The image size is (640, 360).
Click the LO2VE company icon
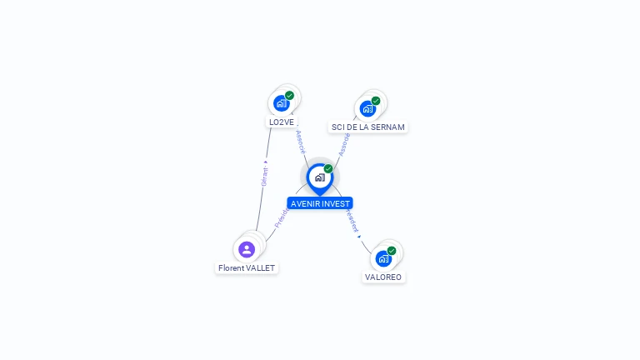pos(281,103)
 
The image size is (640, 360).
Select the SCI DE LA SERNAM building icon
pos(367,108)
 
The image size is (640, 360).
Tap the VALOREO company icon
pos(383,257)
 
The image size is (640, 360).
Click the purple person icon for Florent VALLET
pos(246,248)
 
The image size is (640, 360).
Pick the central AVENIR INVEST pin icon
pos(319,177)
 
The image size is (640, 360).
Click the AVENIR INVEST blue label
pos(320,203)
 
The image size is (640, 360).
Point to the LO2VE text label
pos(281,122)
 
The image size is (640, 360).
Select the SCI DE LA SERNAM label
pos(367,127)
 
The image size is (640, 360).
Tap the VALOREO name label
pos(383,277)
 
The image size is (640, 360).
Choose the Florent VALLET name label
pos(246,267)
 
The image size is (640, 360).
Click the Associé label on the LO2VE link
pos(301,140)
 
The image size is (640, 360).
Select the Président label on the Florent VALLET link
pos(282,218)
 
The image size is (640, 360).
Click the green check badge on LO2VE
pos(289,95)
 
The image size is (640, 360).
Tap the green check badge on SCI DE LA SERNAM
pos(376,101)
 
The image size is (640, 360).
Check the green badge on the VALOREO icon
pos(392,250)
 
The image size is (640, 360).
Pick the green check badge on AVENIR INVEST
pos(328,169)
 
